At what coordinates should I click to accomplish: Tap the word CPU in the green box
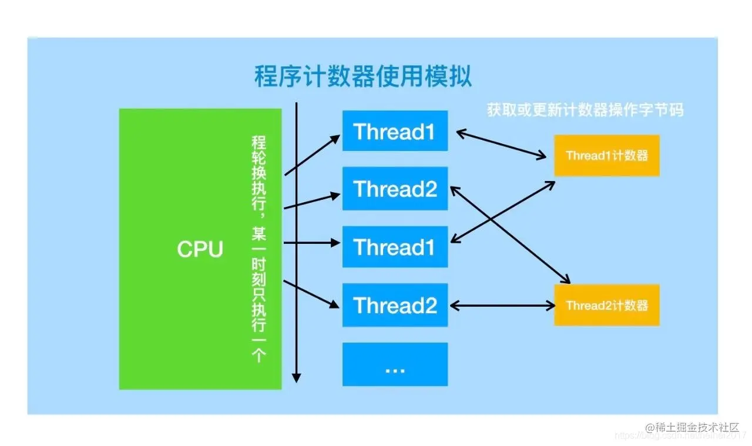point(200,249)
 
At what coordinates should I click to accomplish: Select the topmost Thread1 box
point(395,131)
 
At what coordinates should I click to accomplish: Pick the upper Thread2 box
point(395,189)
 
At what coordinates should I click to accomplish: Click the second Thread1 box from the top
point(395,247)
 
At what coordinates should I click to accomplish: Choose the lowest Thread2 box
point(395,305)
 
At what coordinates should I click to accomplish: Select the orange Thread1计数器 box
point(606,156)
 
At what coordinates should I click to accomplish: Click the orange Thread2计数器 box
point(606,306)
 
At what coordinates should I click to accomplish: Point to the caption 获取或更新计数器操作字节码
point(585,110)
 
